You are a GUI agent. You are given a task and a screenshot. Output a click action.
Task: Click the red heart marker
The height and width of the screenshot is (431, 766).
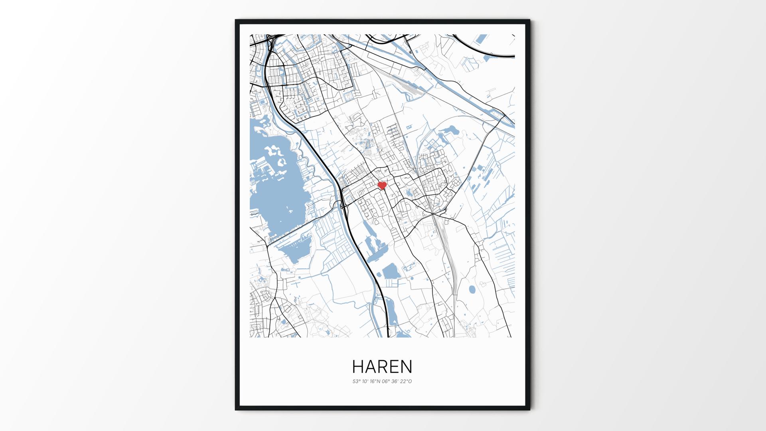382,186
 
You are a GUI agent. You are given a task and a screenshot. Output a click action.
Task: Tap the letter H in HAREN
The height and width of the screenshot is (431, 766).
358,366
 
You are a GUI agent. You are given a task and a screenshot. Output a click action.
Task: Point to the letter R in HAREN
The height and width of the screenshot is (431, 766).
382,366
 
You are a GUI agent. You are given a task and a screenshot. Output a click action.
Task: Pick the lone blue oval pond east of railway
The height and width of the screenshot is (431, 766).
472,289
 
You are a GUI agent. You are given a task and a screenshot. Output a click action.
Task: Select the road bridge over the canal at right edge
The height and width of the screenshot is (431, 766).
504,116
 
